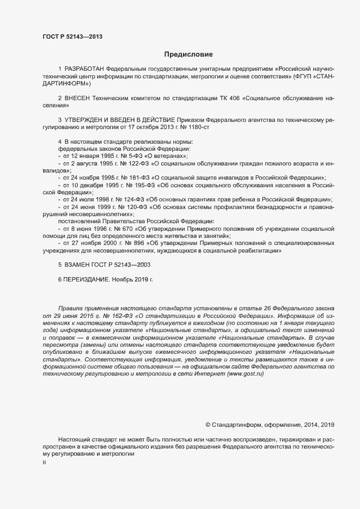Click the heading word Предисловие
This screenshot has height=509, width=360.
click(188, 54)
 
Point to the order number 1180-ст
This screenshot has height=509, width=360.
click(198, 127)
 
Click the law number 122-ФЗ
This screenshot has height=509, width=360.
click(137, 163)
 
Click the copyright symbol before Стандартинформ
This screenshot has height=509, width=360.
click(208, 425)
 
